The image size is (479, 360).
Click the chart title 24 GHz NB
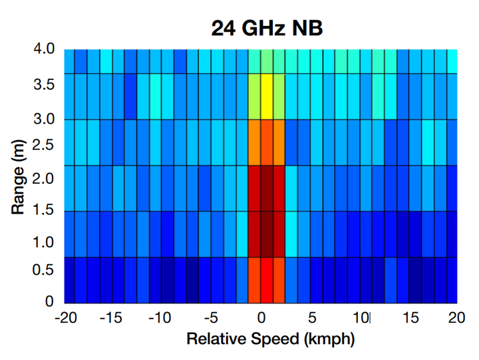point(267,27)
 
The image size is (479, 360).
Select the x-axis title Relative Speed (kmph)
point(270,339)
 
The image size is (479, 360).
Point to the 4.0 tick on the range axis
point(45,49)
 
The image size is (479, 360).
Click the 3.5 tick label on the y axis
point(45,85)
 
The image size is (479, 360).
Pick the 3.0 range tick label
point(45,120)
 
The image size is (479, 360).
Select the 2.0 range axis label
point(45,178)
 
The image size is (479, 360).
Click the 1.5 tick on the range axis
point(45,211)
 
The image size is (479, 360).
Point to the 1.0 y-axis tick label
point(45,242)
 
